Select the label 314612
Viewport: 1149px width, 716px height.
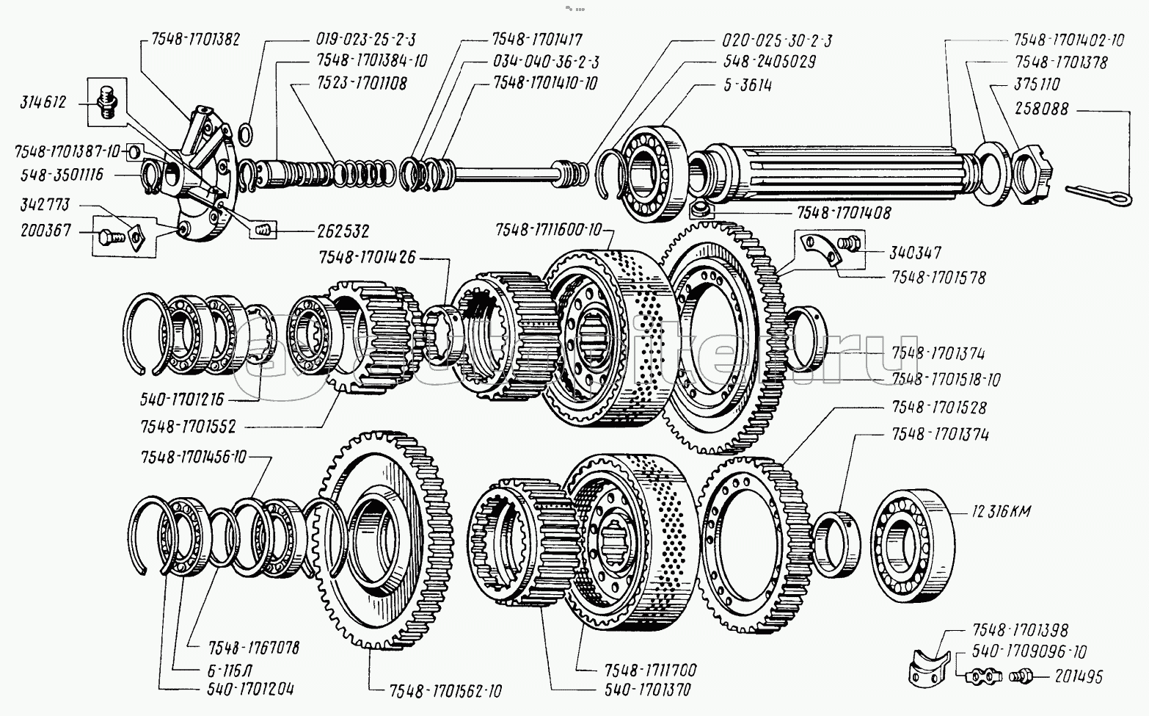pyautogui.click(x=43, y=102)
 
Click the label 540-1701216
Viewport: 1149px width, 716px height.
pyautogui.click(x=182, y=400)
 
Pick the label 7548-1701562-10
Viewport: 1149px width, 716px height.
pyautogui.click(x=446, y=691)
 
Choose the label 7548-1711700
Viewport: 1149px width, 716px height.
pyautogui.click(x=651, y=670)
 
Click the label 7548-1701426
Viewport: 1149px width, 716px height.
pyautogui.click(x=367, y=258)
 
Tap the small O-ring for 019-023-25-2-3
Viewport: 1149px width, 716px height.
pyautogui.click(x=247, y=133)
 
